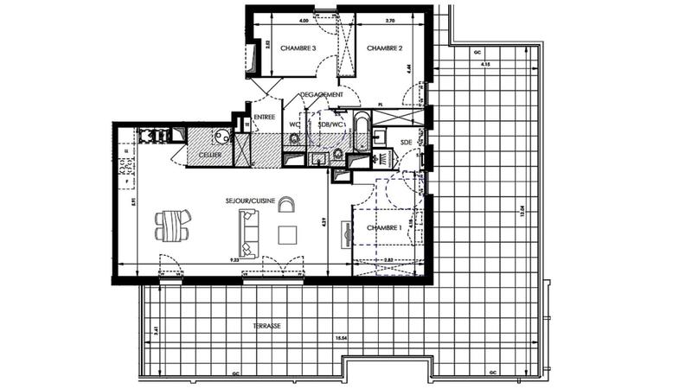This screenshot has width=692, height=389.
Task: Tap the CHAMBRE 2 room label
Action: point(384,48)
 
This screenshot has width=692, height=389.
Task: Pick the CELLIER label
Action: point(209,155)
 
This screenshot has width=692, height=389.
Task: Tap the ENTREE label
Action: point(264,117)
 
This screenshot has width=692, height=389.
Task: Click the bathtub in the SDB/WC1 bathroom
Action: point(360,135)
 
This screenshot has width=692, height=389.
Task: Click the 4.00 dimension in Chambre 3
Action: point(304,18)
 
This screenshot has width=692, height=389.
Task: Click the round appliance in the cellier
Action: point(222,137)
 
